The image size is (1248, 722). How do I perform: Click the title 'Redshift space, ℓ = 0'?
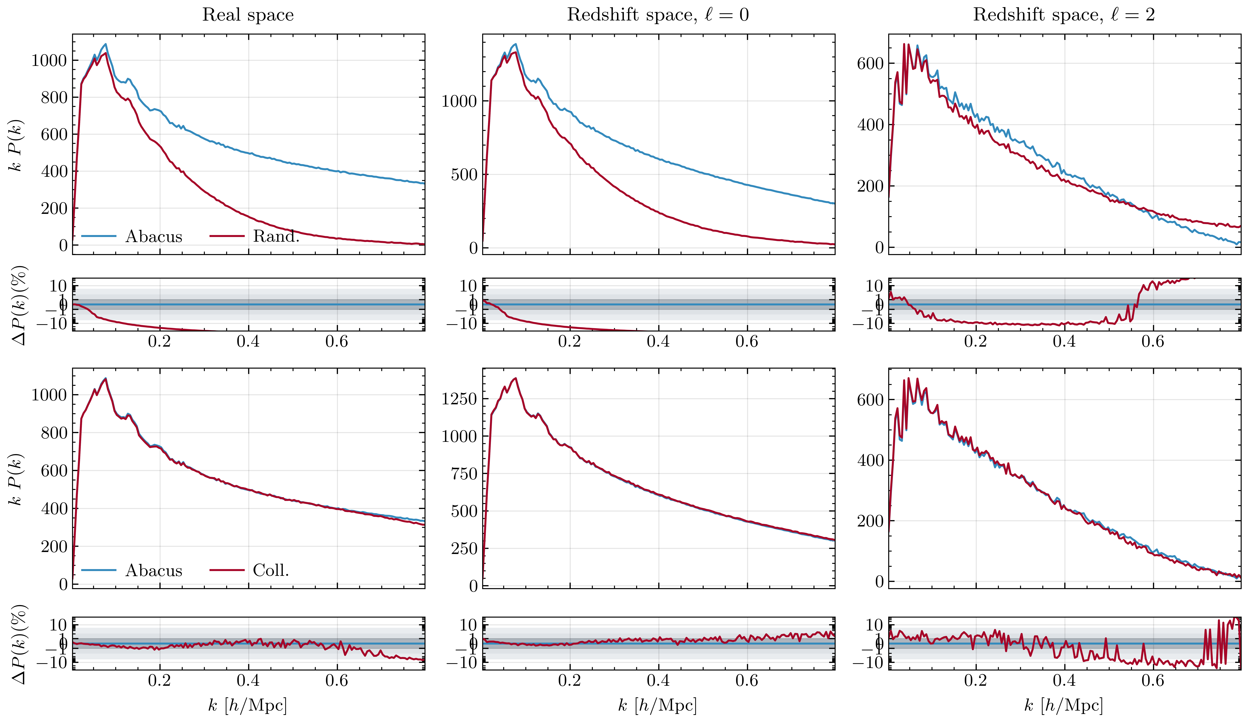pyautogui.click(x=658, y=15)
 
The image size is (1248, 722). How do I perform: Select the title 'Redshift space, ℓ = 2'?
pyautogui.click(x=1064, y=15)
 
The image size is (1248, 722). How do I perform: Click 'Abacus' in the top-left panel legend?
pyautogui.click(x=154, y=236)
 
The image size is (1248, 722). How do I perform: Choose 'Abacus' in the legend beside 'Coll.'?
pyautogui.click(x=154, y=570)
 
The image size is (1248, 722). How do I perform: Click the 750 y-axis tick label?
pyautogui.click(x=464, y=474)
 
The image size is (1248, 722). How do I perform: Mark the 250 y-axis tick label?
pyautogui.click(x=464, y=549)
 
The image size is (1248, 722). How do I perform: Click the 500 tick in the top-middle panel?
pyautogui.click(x=464, y=174)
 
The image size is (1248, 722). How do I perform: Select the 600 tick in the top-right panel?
pyautogui.click(x=870, y=63)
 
